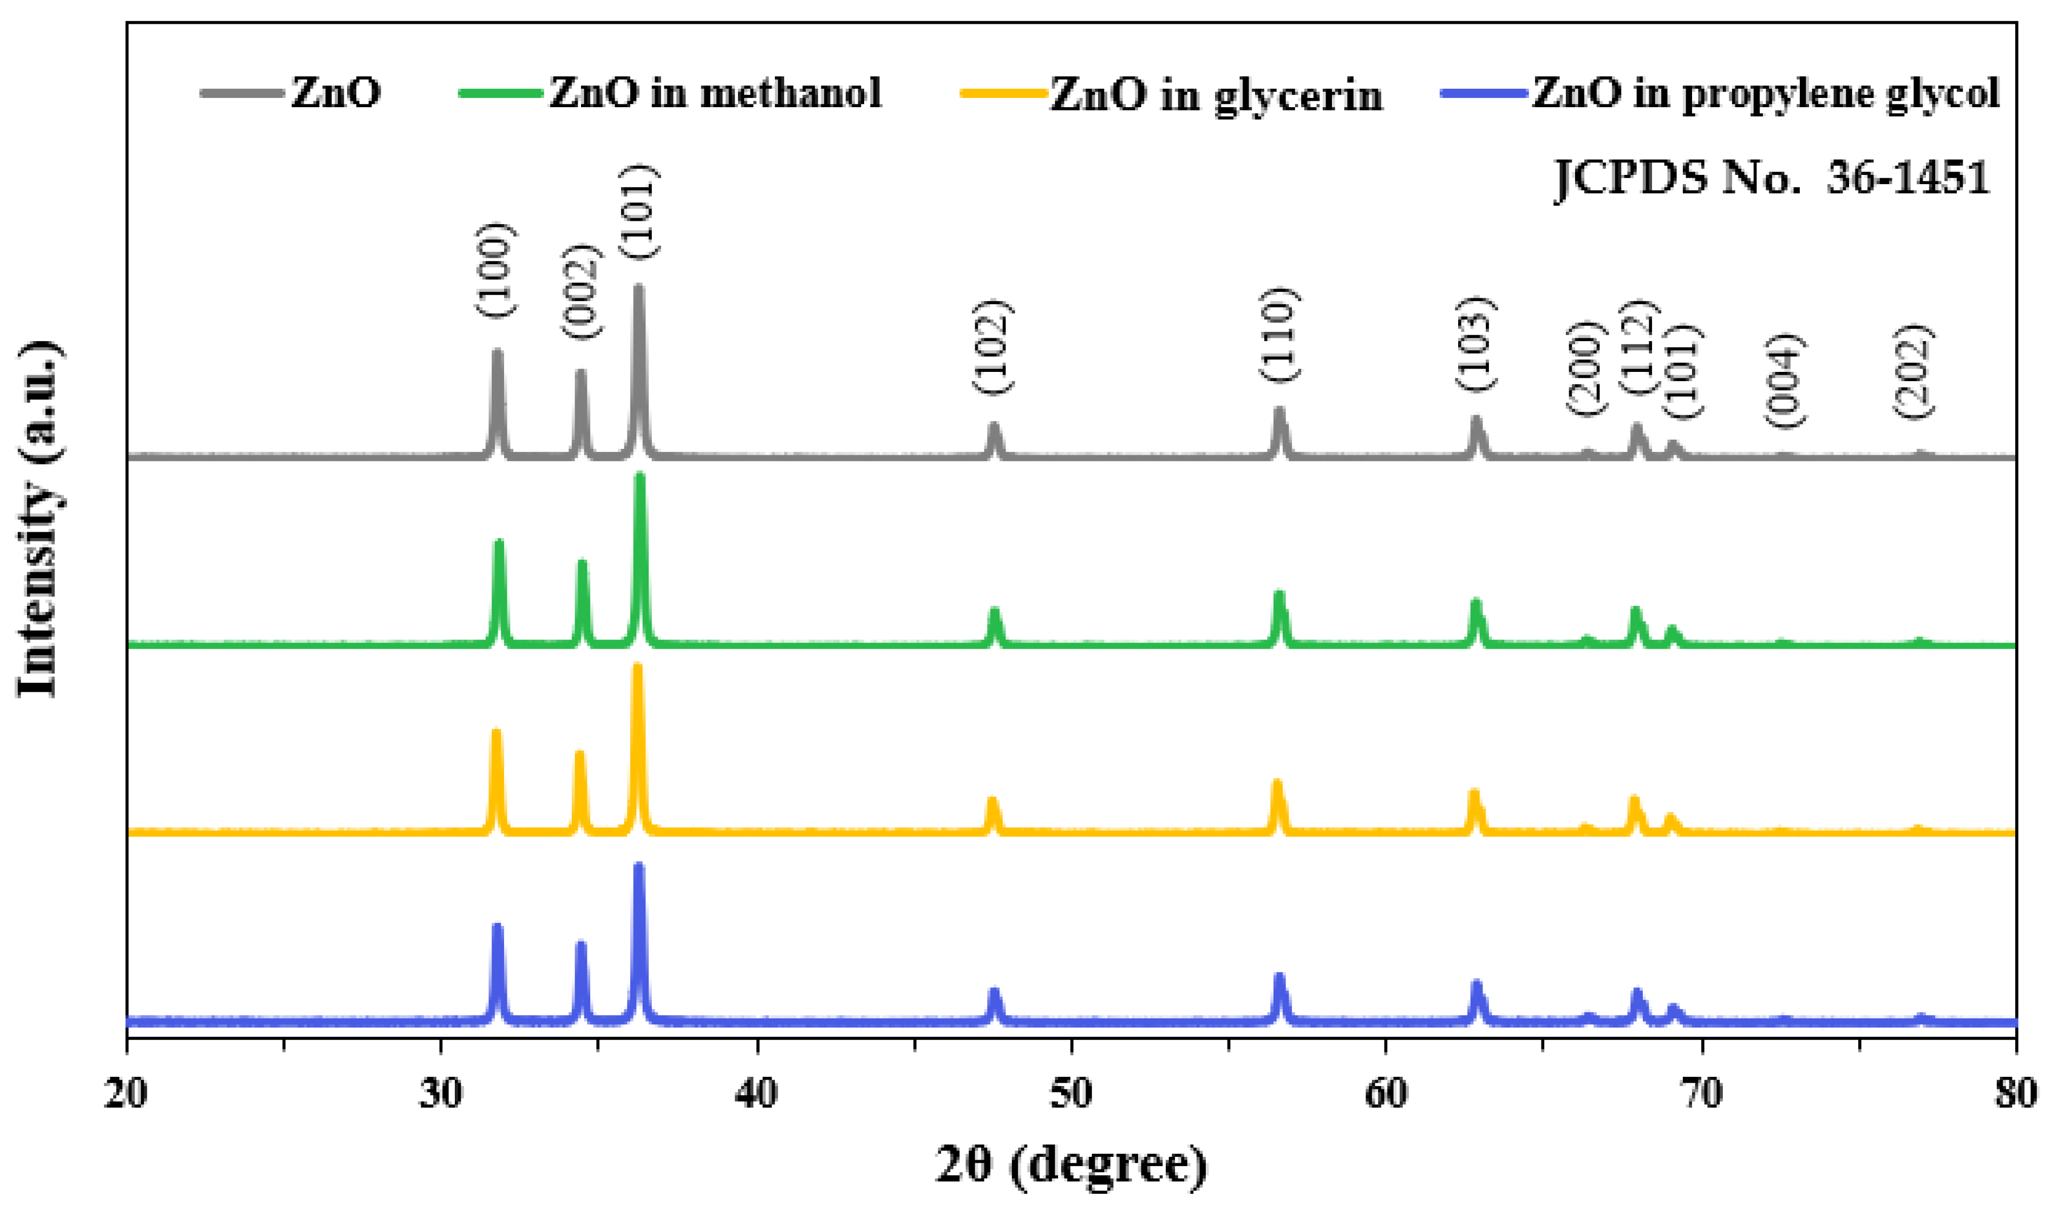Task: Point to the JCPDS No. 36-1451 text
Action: click(1773, 178)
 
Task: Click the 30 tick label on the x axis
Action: click(441, 1094)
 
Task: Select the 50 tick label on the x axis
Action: click(1070, 1094)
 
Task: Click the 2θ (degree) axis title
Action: click(1070, 1165)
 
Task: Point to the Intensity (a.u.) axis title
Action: click(39, 519)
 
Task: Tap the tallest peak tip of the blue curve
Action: click(638, 866)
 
